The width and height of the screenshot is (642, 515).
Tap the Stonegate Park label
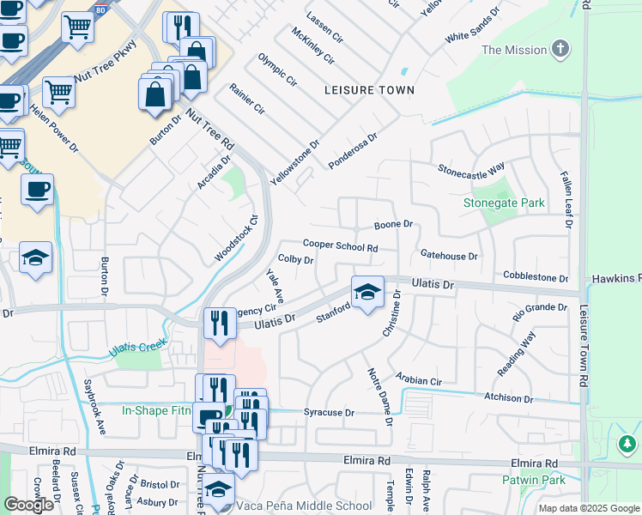click(504, 203)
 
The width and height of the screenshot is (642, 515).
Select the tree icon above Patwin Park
click(627, 444)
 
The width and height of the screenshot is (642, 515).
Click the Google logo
click(29, 505)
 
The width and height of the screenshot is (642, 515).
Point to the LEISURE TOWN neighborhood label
click(369, 90)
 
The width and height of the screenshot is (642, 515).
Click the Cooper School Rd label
click(341, 246)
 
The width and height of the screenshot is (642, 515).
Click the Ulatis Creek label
click(138, 348)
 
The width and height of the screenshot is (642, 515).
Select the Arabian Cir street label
click(419, 379)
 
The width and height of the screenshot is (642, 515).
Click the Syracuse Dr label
click(329, 413)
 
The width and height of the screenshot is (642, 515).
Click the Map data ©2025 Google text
click(588, 508)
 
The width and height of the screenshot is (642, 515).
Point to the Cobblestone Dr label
click(536, 278)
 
